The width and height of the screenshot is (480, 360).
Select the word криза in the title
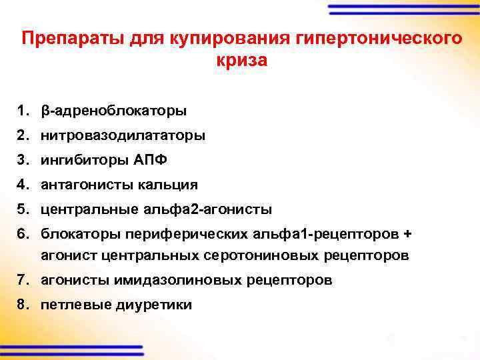coord(241,60)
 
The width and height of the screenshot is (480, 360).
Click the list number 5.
coord(23,209)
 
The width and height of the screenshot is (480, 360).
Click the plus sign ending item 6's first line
coord(409,234)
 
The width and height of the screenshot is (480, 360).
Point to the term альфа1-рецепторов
coord(342,234)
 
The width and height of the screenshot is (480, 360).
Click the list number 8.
coord(23,305)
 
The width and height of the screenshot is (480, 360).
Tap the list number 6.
coord(23,234)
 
